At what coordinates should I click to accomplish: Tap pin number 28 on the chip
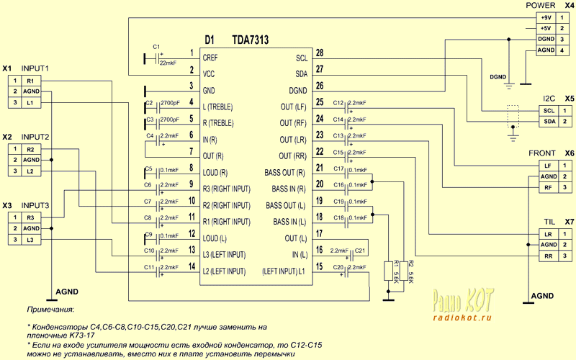pyautogui.click(x=320, y=53)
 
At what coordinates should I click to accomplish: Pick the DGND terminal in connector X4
pyautogui.click(x=544, y=39)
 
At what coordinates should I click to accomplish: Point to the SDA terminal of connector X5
pyautogui.click(x=548, y=122)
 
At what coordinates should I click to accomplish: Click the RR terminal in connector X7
pyautogui.click(x=548, y=256)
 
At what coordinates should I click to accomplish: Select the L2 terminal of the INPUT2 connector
pyautogui.click(x=31, y=171)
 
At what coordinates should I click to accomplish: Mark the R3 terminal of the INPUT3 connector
pyautogui.click(x=31, y=217)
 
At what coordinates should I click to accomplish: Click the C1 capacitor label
pyautogui.click(x=156, y=46)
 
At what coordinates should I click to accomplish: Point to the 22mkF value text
pyautogui.click(x=167, y=63)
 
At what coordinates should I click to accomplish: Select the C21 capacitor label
pyautogui.click(x=360, y=251)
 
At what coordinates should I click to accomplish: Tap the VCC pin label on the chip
pyautogui.click(x=210, y=74)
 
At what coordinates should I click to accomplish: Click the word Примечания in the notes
pyautogui.click(x=50, y=309)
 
